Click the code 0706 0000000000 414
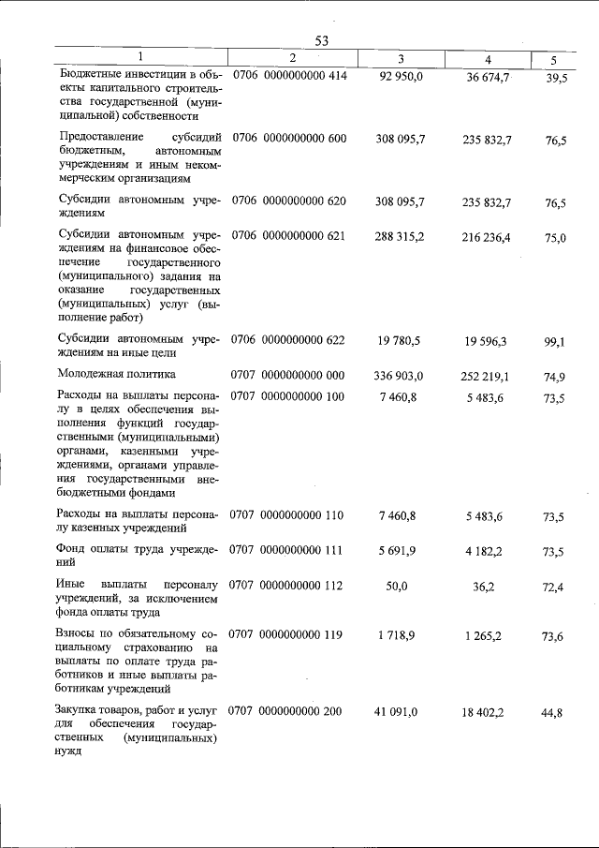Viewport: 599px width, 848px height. [x=289, y=76]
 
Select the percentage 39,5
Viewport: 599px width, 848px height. [x=556, y=77]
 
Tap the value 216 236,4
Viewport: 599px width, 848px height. [x=487, y=238]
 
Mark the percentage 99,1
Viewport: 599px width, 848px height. [x=556, y=344]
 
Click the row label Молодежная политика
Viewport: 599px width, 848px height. [x=117, y=375]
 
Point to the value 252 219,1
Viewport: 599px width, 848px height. [x=487, y=377]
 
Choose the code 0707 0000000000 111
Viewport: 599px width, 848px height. [x=287, y=550]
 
